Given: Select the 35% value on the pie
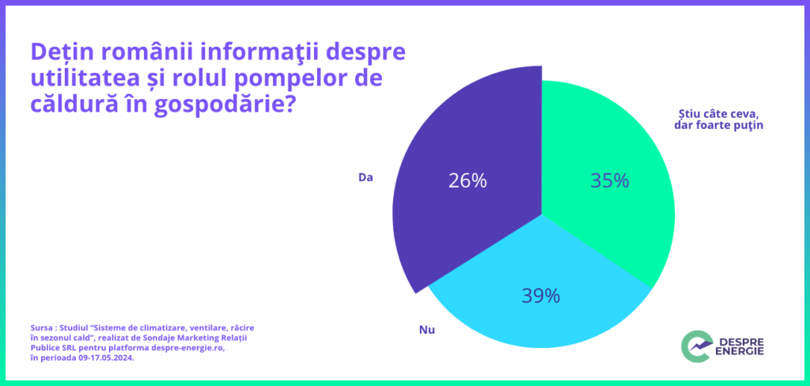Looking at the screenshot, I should [x=609, y=180].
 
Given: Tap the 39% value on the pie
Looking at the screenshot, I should [x=540, y=296].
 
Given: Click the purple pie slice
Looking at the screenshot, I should [x=459, y=142].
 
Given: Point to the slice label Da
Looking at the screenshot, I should [x=365, y=177].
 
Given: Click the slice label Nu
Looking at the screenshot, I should [x=426, y=327].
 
